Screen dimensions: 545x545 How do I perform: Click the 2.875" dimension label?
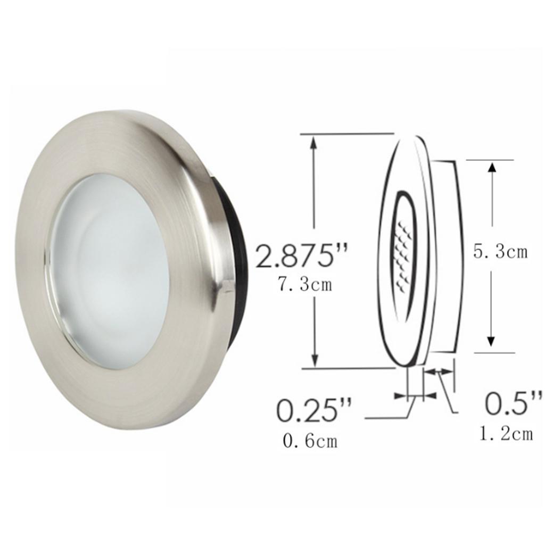(x=302, y=257)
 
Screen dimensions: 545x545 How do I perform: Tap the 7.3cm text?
(x=305, y=284)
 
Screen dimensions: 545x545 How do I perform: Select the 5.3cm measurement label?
(x=500, y=251)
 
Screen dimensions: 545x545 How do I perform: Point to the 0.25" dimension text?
(x=314, y=411)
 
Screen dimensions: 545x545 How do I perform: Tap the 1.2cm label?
(x=506, y=434)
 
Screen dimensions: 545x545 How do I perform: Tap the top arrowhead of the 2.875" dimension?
(x=315, y=141)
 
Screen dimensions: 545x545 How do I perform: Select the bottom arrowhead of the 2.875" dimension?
(x=315, y=360)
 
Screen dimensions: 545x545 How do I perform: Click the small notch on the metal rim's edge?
(x=226, y=288)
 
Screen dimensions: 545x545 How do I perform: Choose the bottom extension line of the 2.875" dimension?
(x=346, y=368)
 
